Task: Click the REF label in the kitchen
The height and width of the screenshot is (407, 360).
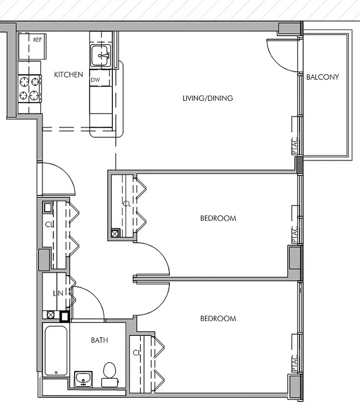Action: [x=37, y=40]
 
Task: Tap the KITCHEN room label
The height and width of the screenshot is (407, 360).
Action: [x=68, y=75]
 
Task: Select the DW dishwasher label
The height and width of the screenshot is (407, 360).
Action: [x=95, y=80]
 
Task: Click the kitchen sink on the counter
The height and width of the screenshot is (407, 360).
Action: [x=103, y=55]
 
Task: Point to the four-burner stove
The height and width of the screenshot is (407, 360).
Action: [x=29, y=89]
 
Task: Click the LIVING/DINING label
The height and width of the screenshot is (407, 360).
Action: [x=207, y=98]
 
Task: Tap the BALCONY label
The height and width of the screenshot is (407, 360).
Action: [x=322, y=77]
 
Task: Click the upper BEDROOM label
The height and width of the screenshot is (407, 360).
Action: [x=218, y=218]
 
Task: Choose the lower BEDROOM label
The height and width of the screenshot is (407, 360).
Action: [x=218, y=318]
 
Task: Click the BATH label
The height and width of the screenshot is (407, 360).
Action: [x=99, y=340]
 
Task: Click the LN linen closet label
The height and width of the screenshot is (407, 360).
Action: [x=58, y=294]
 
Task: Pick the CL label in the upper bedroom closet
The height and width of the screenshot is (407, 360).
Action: [x=127, y=203]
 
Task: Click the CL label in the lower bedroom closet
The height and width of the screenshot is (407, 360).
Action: [x=136, y=353]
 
